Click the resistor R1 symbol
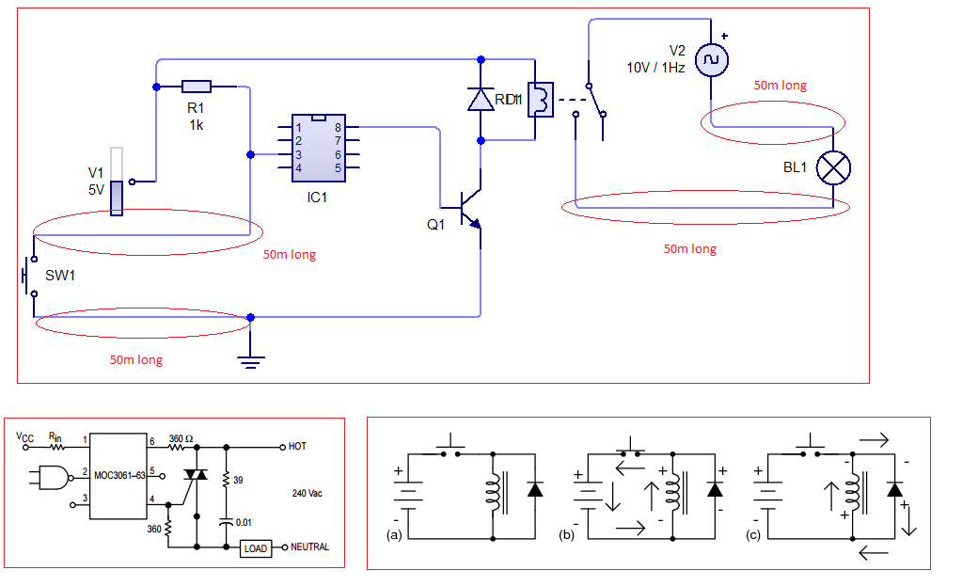point(197,87)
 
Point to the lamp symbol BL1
point(833,167)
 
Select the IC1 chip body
point(317,147)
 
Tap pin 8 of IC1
point(337,127)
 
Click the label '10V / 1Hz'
point(656,69)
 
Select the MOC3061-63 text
point(118,475)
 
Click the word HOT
point(298,446)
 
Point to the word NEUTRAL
point(309,547)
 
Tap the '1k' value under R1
point(197,125)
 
